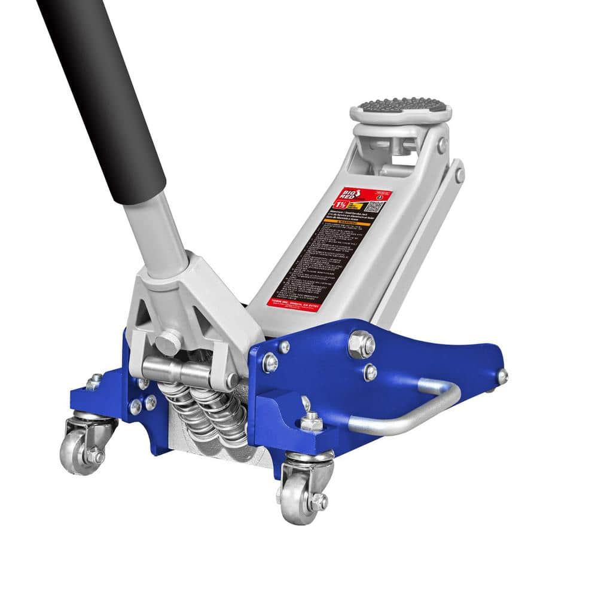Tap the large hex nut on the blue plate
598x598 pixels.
coord(361,344)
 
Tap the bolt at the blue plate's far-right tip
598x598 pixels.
coord(502,376)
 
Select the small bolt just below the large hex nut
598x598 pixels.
coord(371,372)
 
